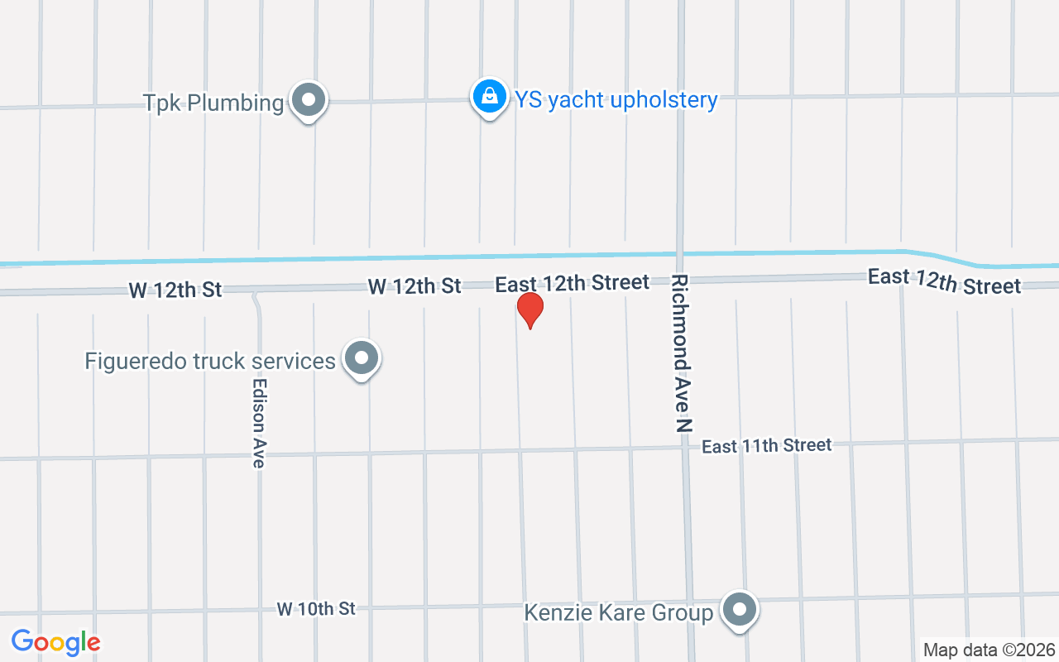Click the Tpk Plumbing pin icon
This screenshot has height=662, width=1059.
click(x=309, y=101)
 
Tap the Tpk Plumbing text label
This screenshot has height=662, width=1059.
click(x=213, y=103)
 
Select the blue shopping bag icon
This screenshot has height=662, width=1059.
click(x=490, y=97)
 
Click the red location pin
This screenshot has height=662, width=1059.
click(x=529, y=309)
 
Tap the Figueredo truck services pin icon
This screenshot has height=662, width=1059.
click(x=361, y=359)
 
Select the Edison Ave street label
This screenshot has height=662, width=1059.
click(x=259, y=424)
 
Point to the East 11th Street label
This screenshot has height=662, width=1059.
click(x=766, y=446)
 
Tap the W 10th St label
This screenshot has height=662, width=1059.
click(x=316, y=609)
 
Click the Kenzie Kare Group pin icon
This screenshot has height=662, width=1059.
click(x=740, y=611)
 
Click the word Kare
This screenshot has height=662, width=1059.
click(x=612, y=613)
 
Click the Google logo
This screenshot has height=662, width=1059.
click(x=55, y=642)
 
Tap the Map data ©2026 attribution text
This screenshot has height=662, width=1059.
click(x=989, y=650)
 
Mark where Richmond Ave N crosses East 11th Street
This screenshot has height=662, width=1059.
click(x=686, y=448)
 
